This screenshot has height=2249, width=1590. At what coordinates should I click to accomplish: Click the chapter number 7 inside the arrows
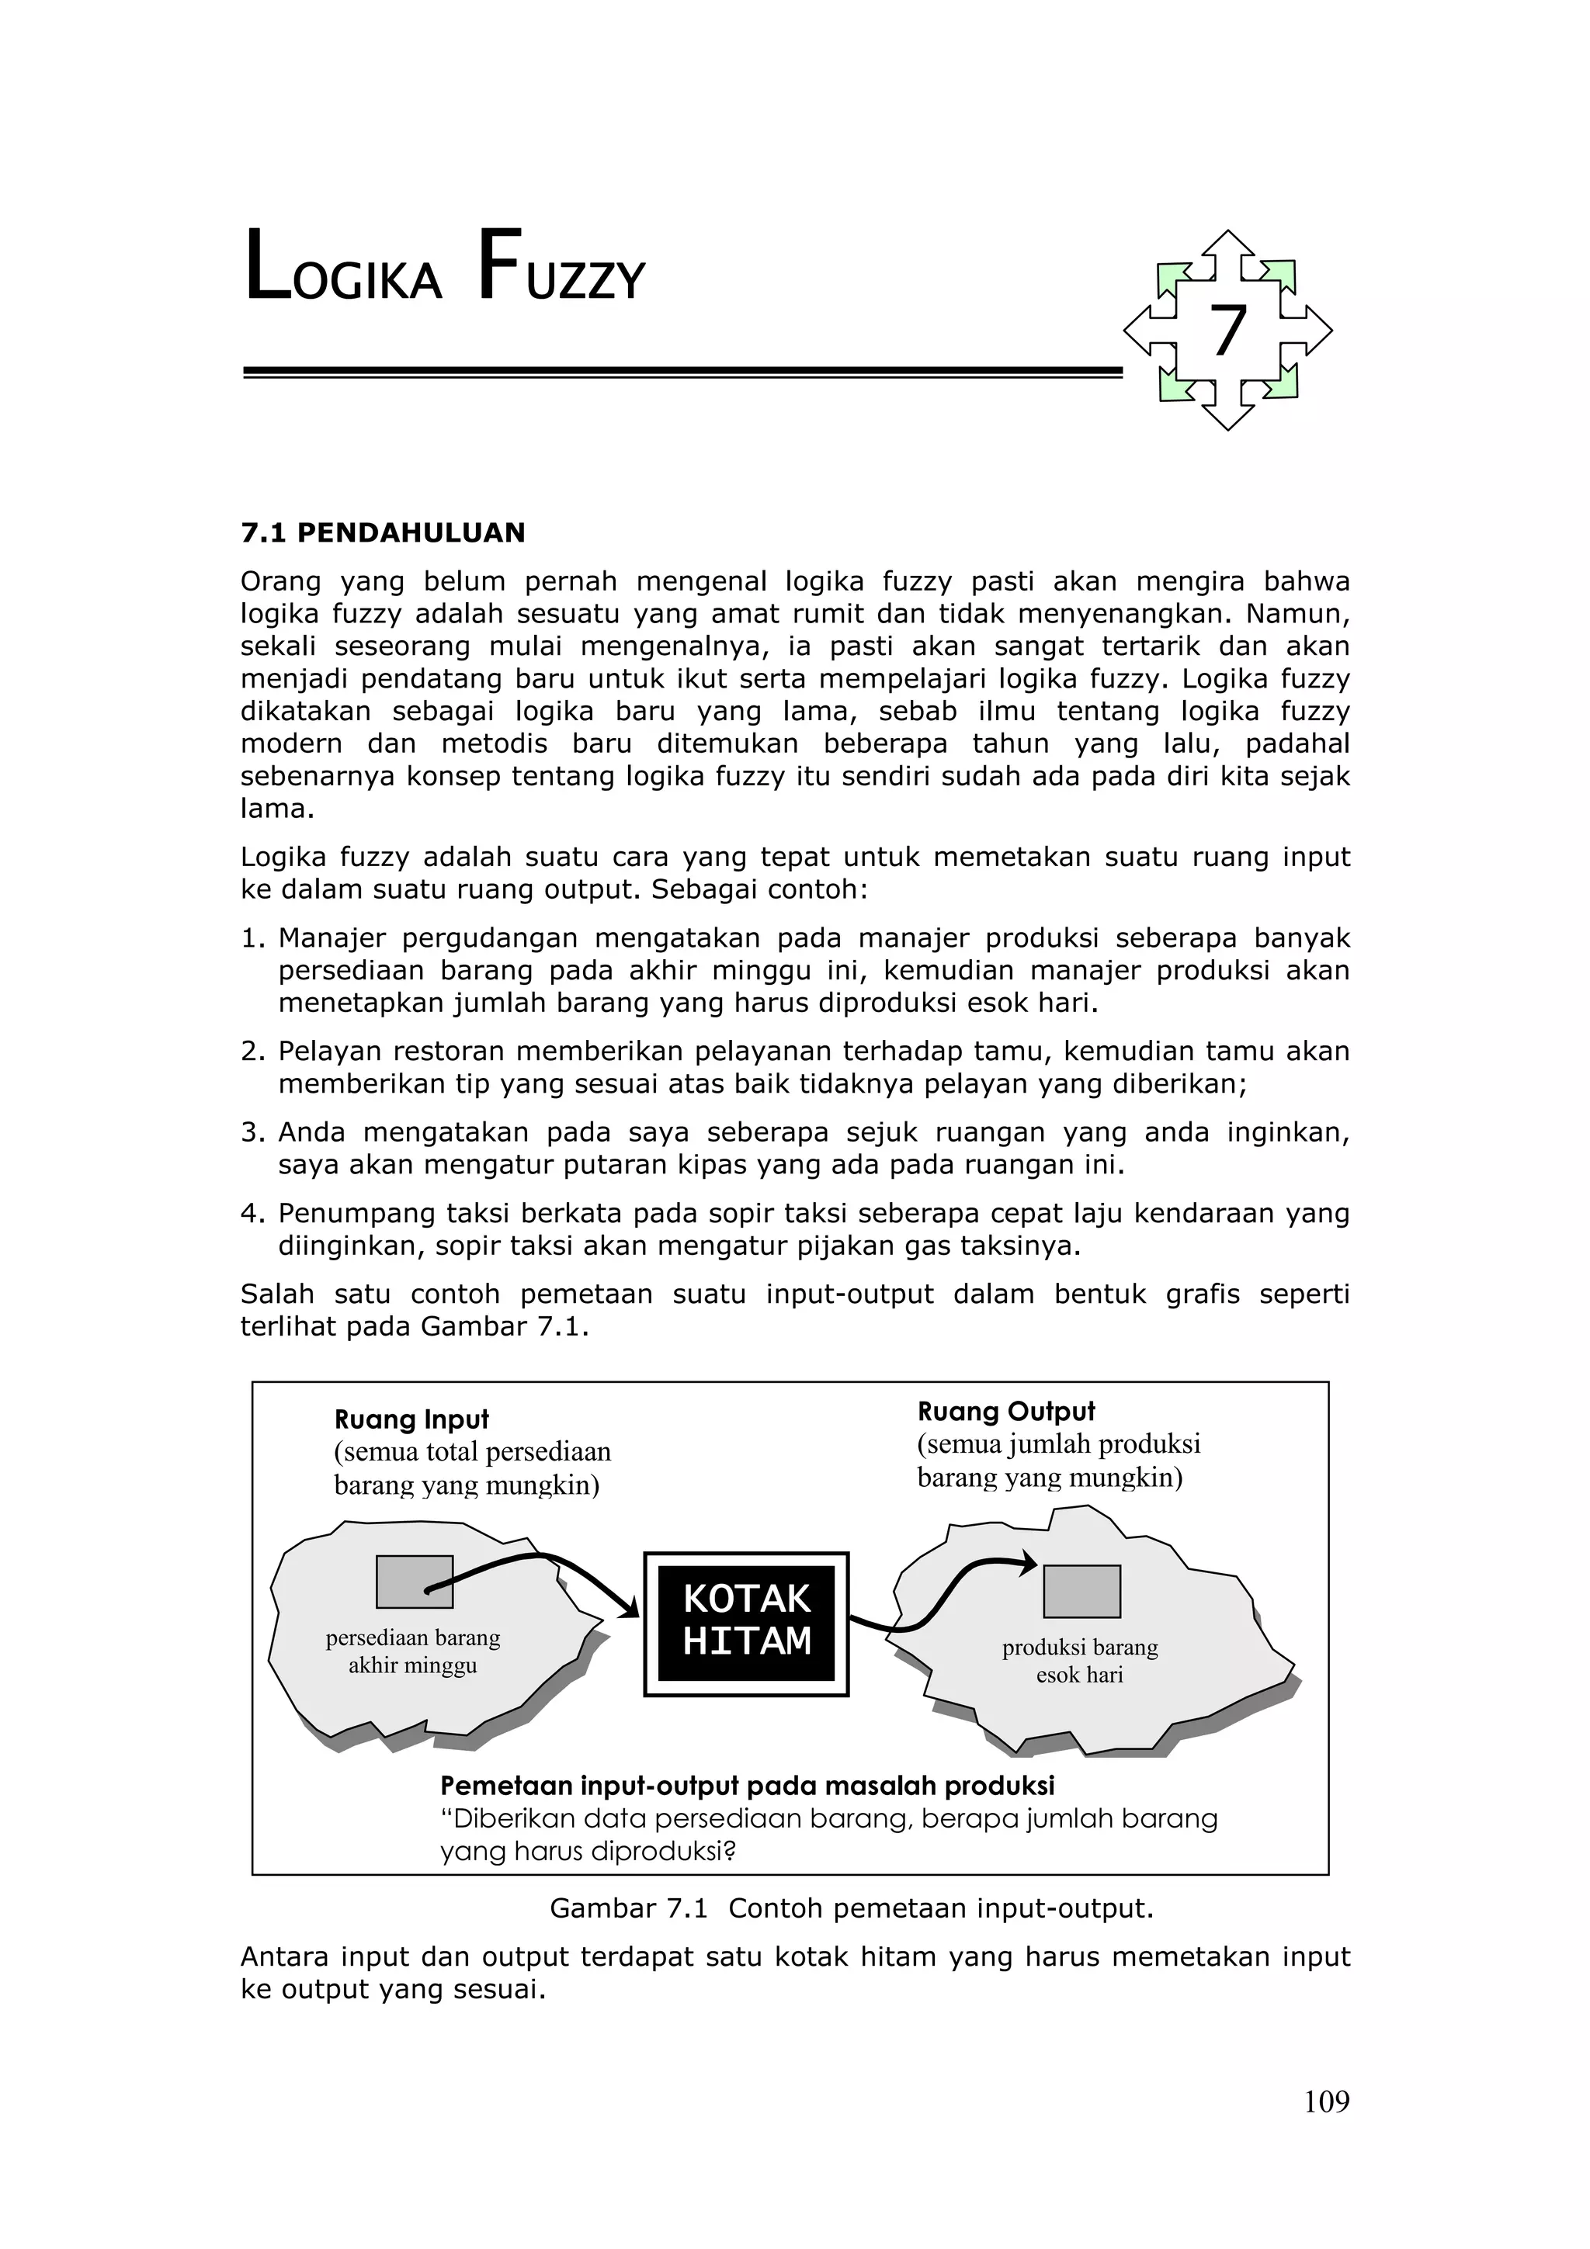tap(1227, 331)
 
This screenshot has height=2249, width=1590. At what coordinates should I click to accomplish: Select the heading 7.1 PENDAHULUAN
tap(383, 533)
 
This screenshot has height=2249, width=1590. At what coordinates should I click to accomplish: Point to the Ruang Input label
tap(411, 1419)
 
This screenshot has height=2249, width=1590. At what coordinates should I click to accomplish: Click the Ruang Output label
tap(1006, 1412)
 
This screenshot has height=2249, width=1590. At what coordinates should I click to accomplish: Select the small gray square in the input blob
tap(415, 1582)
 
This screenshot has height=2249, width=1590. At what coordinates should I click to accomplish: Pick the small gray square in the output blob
tap(1081, 1592)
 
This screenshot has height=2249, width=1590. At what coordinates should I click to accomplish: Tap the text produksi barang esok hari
tap(1080, 1662)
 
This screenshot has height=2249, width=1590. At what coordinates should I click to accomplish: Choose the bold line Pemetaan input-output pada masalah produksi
tap(747, 1786)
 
